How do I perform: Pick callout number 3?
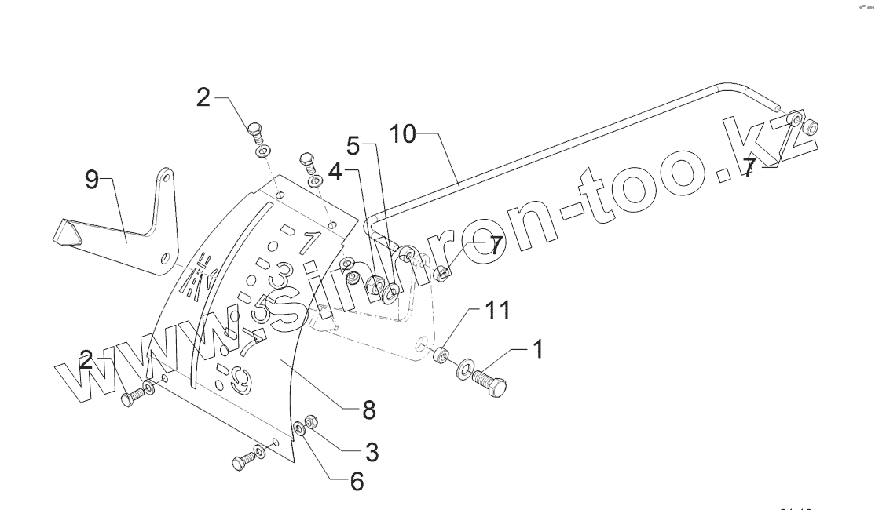click(x=372, y=451)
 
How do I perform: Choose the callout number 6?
click(x=357, y=481)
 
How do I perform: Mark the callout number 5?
click(x=354, y=146)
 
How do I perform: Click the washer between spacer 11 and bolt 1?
click(x=465, y=367)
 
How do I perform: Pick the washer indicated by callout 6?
click(x=299, y=429)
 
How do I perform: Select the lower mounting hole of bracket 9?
click(x=163, y=257)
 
